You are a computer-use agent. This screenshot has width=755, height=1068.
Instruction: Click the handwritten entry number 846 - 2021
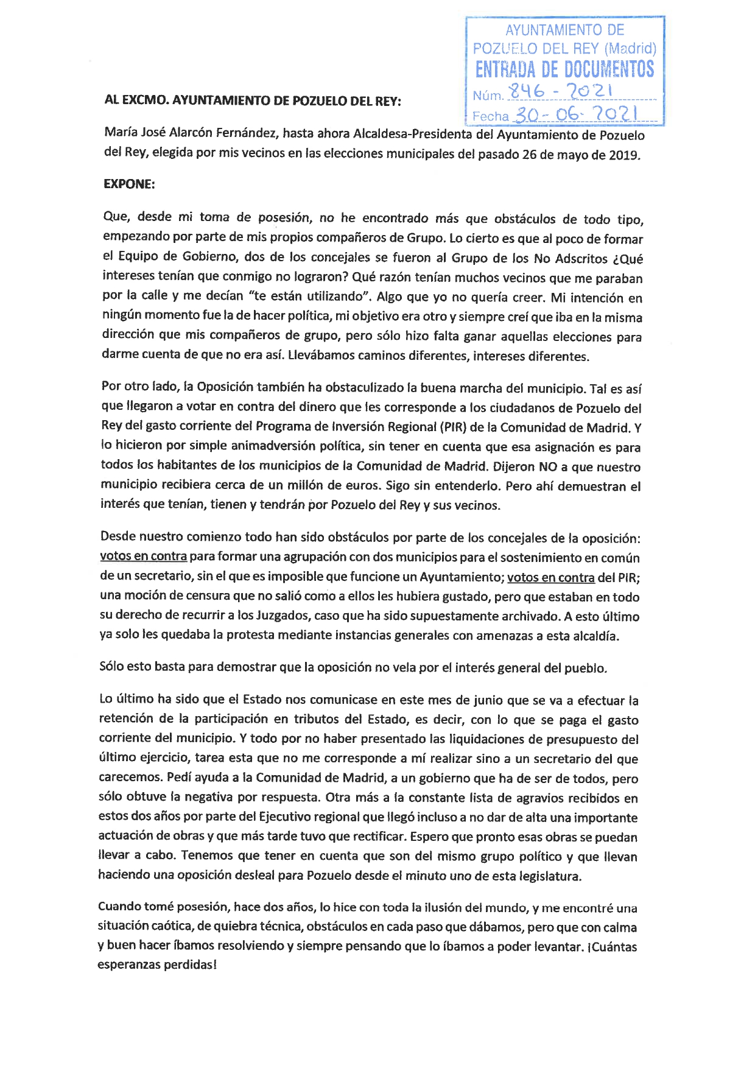561,92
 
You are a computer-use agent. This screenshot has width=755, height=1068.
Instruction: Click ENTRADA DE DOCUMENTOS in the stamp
564,69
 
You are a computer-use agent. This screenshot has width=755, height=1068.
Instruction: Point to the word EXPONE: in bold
129,184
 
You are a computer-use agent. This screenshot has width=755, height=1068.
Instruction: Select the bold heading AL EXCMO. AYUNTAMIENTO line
253,100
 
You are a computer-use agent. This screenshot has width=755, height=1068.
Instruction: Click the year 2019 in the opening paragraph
623,155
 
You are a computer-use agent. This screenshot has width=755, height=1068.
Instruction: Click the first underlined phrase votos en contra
143,556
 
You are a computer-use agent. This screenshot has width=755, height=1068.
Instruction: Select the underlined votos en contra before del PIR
550,577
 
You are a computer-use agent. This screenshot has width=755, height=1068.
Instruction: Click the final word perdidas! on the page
190,964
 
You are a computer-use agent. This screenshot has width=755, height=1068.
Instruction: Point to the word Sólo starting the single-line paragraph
113,666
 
